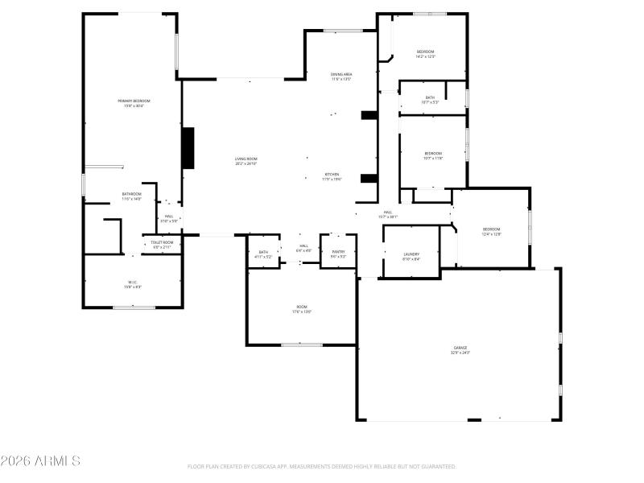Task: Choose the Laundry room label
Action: (x=411, y=256)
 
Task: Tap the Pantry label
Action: (x=338, y=254)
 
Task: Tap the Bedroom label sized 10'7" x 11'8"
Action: (x=433, y=155)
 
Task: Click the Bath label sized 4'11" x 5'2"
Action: (x=263, y=254)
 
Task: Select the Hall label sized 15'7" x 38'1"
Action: (x=388, y=214)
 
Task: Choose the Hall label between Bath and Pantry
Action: (x=303, y=248)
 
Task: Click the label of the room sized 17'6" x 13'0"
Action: (x=302, y=309)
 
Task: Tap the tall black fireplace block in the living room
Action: (x=188, y=148)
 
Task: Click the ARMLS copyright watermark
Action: (x=40, y=461)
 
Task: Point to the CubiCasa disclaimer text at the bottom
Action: (x=322, y=466)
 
